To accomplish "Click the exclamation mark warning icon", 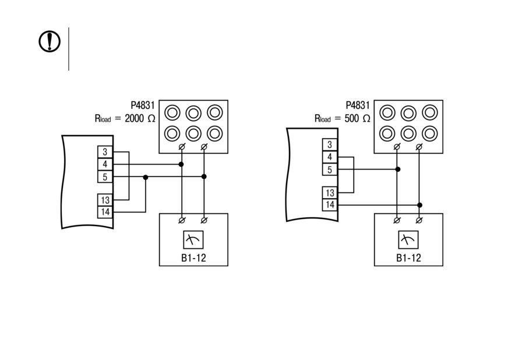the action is click(50, 41).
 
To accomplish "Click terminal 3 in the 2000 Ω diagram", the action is click(105, 151).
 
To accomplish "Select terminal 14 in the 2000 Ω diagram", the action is click(105, 212).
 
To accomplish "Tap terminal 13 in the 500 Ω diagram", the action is click(330, 193).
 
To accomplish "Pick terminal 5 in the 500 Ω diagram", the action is click(330, 170).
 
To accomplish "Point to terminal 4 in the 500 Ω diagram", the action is click(330, 157).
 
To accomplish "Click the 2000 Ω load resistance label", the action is click(125, 118).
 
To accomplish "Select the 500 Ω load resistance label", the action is click(342, 118).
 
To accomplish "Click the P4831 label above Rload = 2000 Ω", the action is click(143, 105).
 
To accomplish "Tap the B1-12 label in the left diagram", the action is click(193, 258).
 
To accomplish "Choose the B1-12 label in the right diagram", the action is click(408, 258).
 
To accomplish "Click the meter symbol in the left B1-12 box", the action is click(193, 240).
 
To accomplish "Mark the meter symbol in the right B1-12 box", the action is click(408, 240).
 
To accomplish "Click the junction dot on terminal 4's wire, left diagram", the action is click(181, 164).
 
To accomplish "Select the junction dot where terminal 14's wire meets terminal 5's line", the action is click(146, 177).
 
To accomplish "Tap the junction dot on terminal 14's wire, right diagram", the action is click(419, 205).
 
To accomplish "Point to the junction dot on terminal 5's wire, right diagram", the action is click(398, 169).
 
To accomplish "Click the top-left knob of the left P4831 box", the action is click(172, 113).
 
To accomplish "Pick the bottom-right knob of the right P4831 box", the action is click(430, 133).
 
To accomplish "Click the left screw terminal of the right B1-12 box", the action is click(397, 220).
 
